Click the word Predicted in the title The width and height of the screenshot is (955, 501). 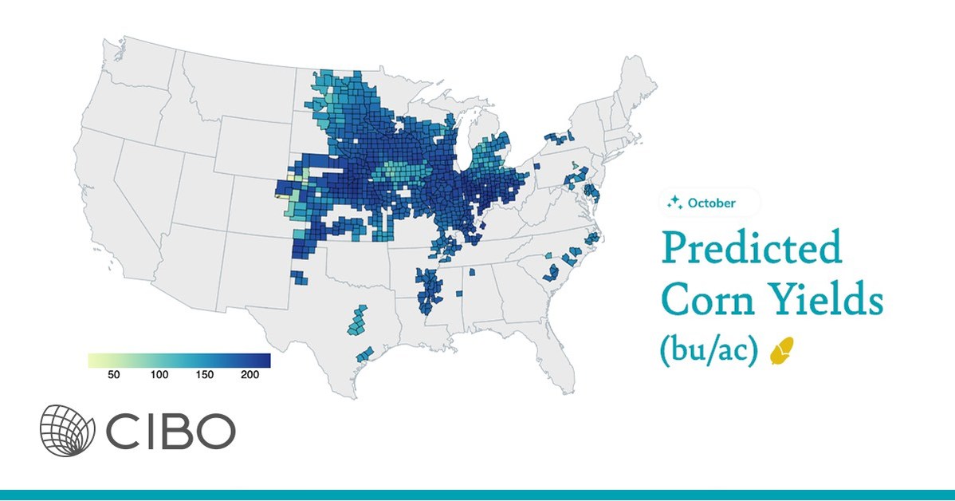pyautogui.click(x=751, y=249)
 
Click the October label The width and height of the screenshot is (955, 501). pyautogui.click(x=711, y=203)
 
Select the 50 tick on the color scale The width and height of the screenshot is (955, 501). pyautogui.click(x=113, y=375)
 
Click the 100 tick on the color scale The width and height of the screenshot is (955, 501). pyautogui.click(x=159, y=375)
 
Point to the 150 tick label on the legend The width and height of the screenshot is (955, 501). pyautogui.click(x=205, y=375)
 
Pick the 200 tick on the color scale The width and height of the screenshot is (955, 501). pyautogui.click(x=250, y=375)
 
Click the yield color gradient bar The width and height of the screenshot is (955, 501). pyautogui.click(x=179, y=361)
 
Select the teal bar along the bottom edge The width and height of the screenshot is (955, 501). pyautogui.click(x=477, y=495)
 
